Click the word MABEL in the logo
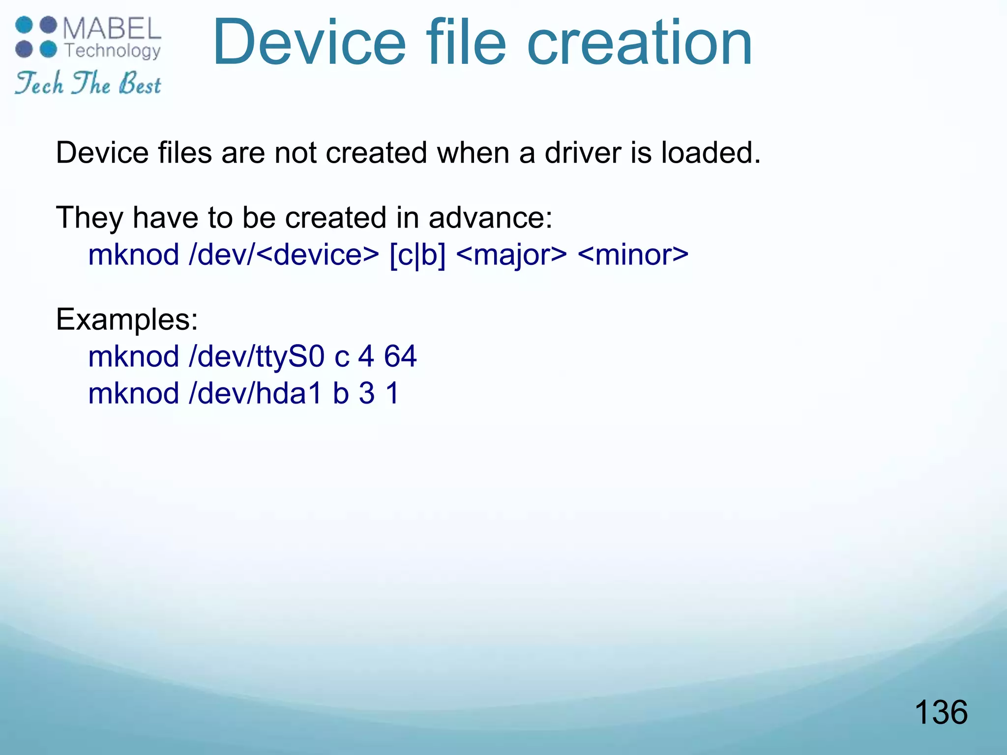(112, 29)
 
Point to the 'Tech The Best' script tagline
(88, 83)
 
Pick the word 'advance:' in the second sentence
(491, 217)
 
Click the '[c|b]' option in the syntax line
(417, 255)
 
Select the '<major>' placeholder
(511, 255)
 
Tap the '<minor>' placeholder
(633, 255)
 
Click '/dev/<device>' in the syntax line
(284, 255)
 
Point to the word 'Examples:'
(127, 319)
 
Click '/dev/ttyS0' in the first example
(256, 356)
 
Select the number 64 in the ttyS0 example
(400, 356)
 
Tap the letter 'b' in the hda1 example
(341, 394)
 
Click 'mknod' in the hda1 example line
(133, 394)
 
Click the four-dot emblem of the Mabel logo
(36, 37)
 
